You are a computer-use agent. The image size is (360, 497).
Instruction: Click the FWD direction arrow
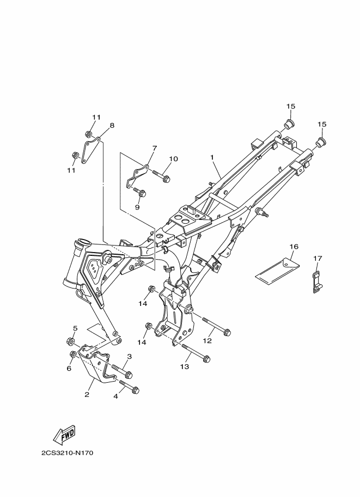point(64,434)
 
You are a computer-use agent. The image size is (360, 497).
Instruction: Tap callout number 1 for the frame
point(212,157)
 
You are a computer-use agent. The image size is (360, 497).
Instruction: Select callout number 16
point(294,247)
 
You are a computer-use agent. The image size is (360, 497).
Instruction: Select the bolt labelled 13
point(196,352)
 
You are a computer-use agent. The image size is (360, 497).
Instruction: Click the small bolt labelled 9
point(141,192)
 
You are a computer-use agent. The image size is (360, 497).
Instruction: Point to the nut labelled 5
point(70,342)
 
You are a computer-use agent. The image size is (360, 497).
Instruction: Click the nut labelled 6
point(72,355)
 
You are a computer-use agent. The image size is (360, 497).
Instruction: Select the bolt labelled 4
point(129,387)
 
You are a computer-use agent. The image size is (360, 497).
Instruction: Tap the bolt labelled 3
point(123,372)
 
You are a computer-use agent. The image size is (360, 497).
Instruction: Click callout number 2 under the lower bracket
point(86,395)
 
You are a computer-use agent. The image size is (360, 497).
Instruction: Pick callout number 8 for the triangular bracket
point(112,126)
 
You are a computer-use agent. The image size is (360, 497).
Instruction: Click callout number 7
point(154,148)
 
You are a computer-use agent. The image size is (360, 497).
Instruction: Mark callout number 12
point(208,341)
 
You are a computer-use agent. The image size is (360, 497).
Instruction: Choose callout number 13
point(184,367)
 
